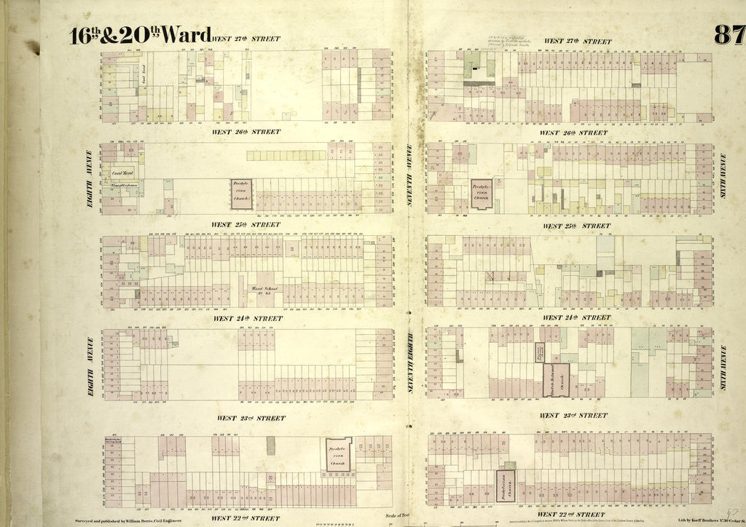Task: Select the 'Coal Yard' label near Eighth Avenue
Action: tap(121, 173)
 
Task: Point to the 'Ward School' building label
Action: tap(267, 290)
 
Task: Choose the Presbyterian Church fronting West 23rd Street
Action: tap(338, 453)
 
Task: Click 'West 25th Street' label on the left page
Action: tap(246, 225)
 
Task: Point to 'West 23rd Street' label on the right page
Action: tap(573, 416)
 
